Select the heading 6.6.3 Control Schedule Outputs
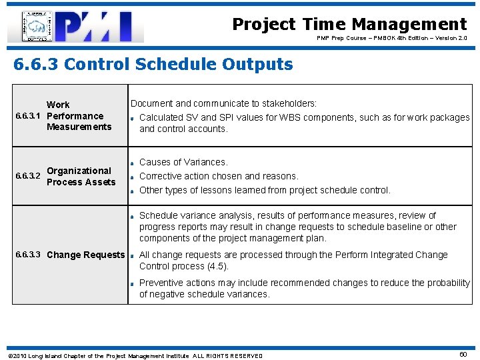(x=153, y=64)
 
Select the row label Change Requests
(x=85, y=255)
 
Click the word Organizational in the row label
(x=79, y=171)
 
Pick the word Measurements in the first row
(x=79, y=127)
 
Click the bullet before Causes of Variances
(x=133, y=163)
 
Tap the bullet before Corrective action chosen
(x=133, y=177)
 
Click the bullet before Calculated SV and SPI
(x=133, y=119)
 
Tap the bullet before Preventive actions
(x=133, y=284)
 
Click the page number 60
(x=463, y=355)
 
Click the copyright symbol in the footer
(x=9, y=355)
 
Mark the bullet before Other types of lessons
(x=133, y=191)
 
